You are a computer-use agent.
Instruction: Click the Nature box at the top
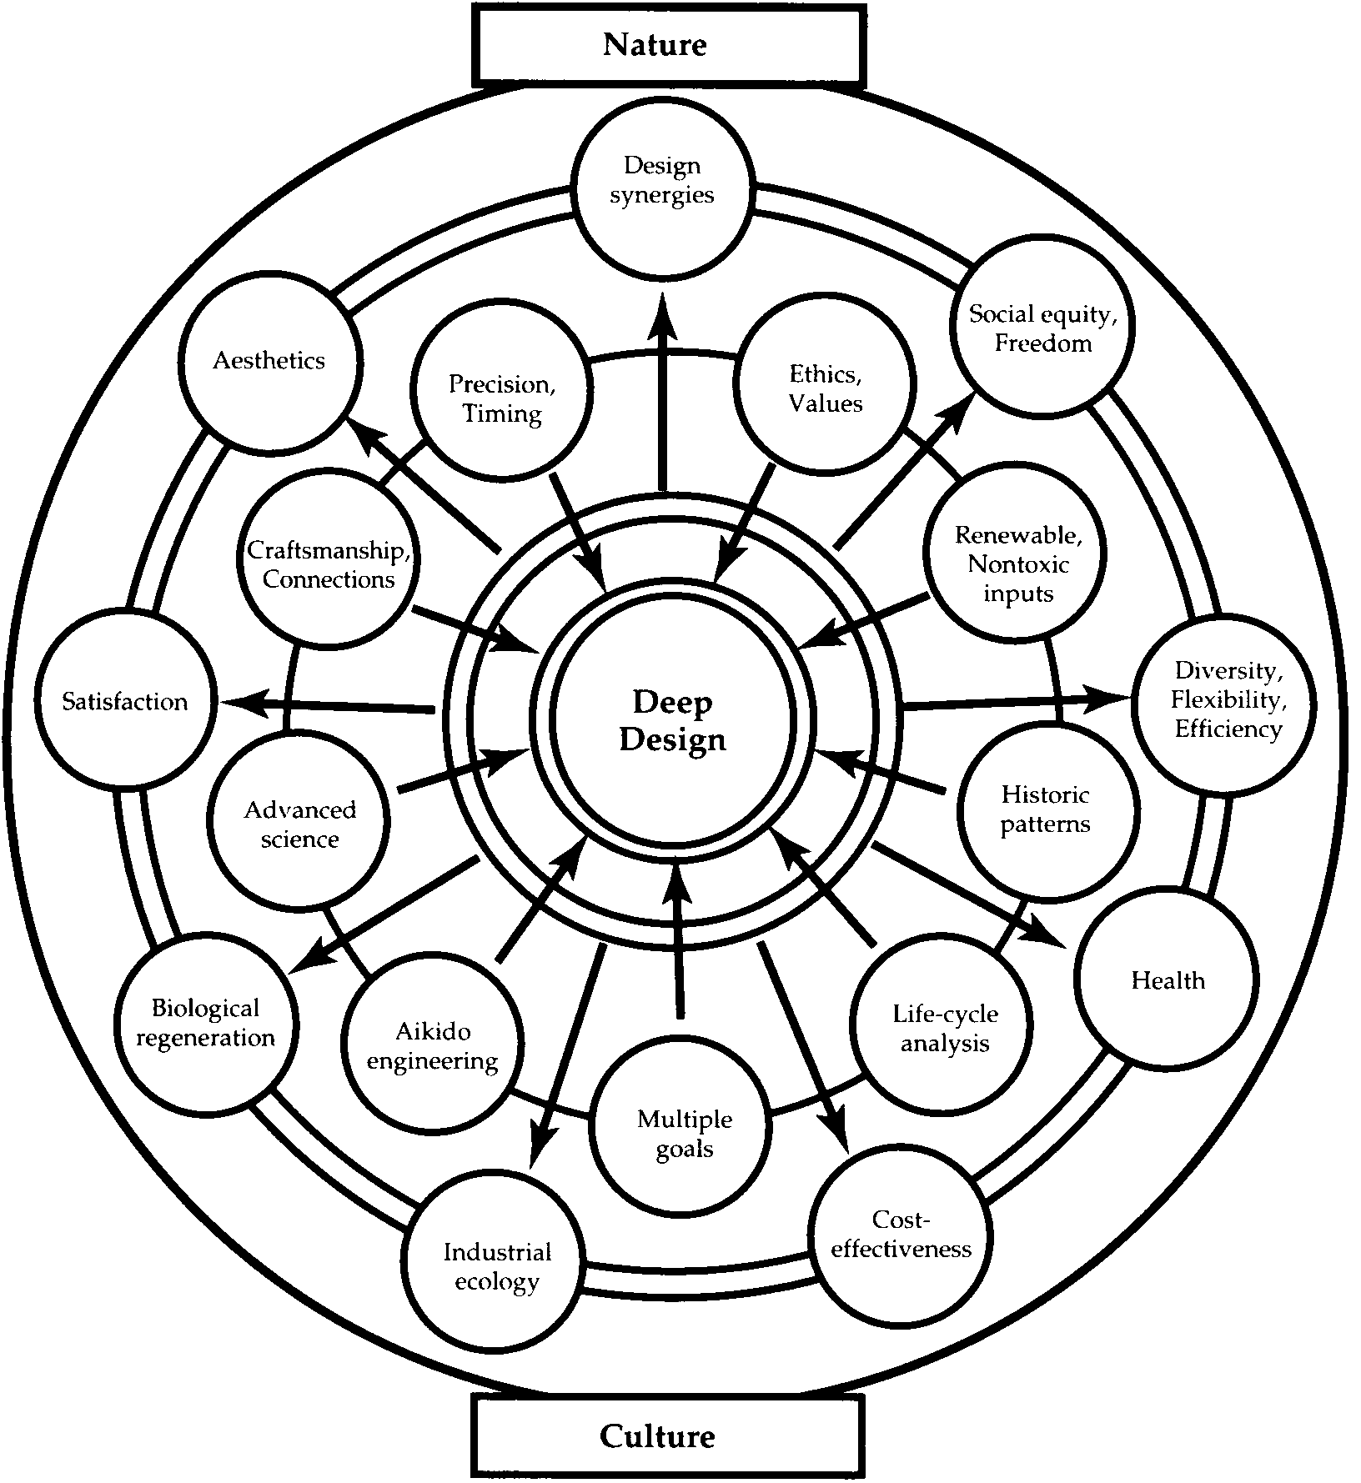(669, 44)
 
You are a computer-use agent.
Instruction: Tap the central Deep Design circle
(672, 721)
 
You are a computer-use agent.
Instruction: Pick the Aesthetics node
(269, 361)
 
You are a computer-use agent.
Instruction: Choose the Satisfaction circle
(125, 701)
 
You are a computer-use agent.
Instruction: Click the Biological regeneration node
(205, 1023)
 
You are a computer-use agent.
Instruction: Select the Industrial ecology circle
(497, 1266)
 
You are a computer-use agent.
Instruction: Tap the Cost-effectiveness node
(901, 1235)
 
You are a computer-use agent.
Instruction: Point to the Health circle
(1168, 980)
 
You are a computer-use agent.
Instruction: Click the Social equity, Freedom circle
(1042, 328)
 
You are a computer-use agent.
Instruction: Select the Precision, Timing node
(502, 398)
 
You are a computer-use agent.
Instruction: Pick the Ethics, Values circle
(826, 389)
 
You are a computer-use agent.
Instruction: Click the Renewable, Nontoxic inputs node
(1018, 564)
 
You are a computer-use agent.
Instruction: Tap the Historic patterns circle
(1046, 809)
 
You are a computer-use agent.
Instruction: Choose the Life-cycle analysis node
(945, 1029)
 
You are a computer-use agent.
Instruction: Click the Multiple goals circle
(685, 1134)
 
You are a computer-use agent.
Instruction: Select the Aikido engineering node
(433, 1046)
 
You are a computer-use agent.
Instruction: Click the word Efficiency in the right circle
(1228, 729)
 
